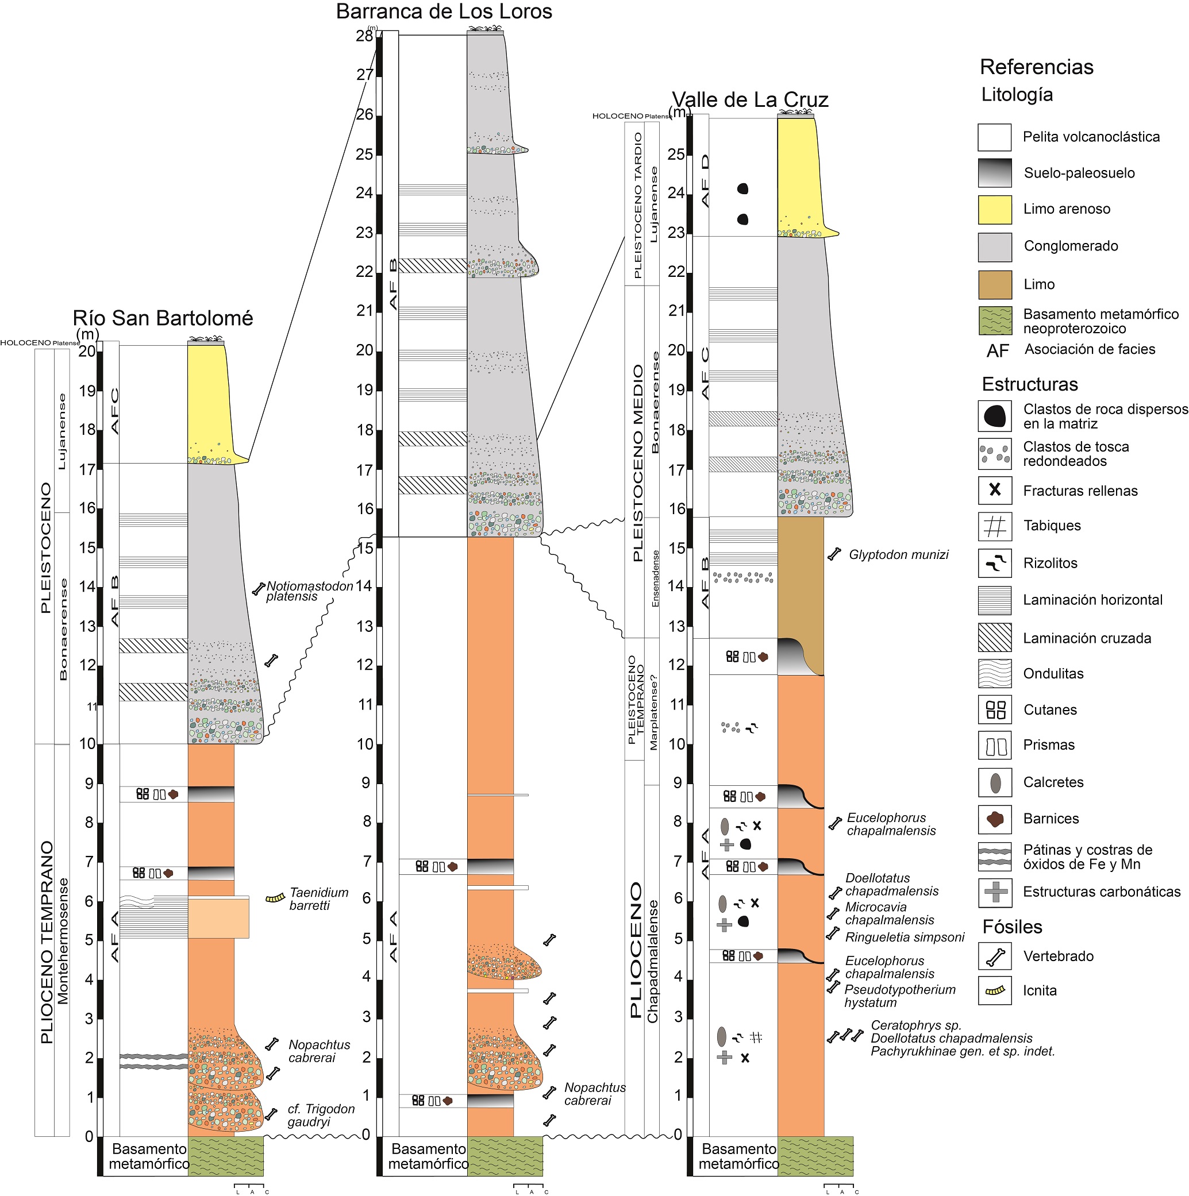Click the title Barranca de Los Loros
[x=444, y=11]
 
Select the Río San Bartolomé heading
[x=163, y=318]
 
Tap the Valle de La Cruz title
[x=750, y=100]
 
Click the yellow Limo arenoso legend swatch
[x=995, y=210]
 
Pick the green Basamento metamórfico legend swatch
[x=995, y=321]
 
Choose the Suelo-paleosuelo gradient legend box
[x=995, y=173]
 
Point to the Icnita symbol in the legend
[x=995, y=990]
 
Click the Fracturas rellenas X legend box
[x=995, y=490]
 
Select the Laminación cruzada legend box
[x=995, y=638]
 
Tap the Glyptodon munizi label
[x=898, y=555]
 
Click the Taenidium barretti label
[x=318, y=899]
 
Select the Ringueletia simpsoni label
[x=905, y=937]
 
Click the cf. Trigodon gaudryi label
[x=320, y=1116]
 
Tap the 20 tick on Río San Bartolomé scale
[x=87, y=351]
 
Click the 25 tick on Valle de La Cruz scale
[x=676, y=154]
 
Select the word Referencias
[x=1036, y=67]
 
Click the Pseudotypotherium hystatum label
[x=899, y=996]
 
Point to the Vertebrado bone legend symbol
[x=995, y=956]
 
